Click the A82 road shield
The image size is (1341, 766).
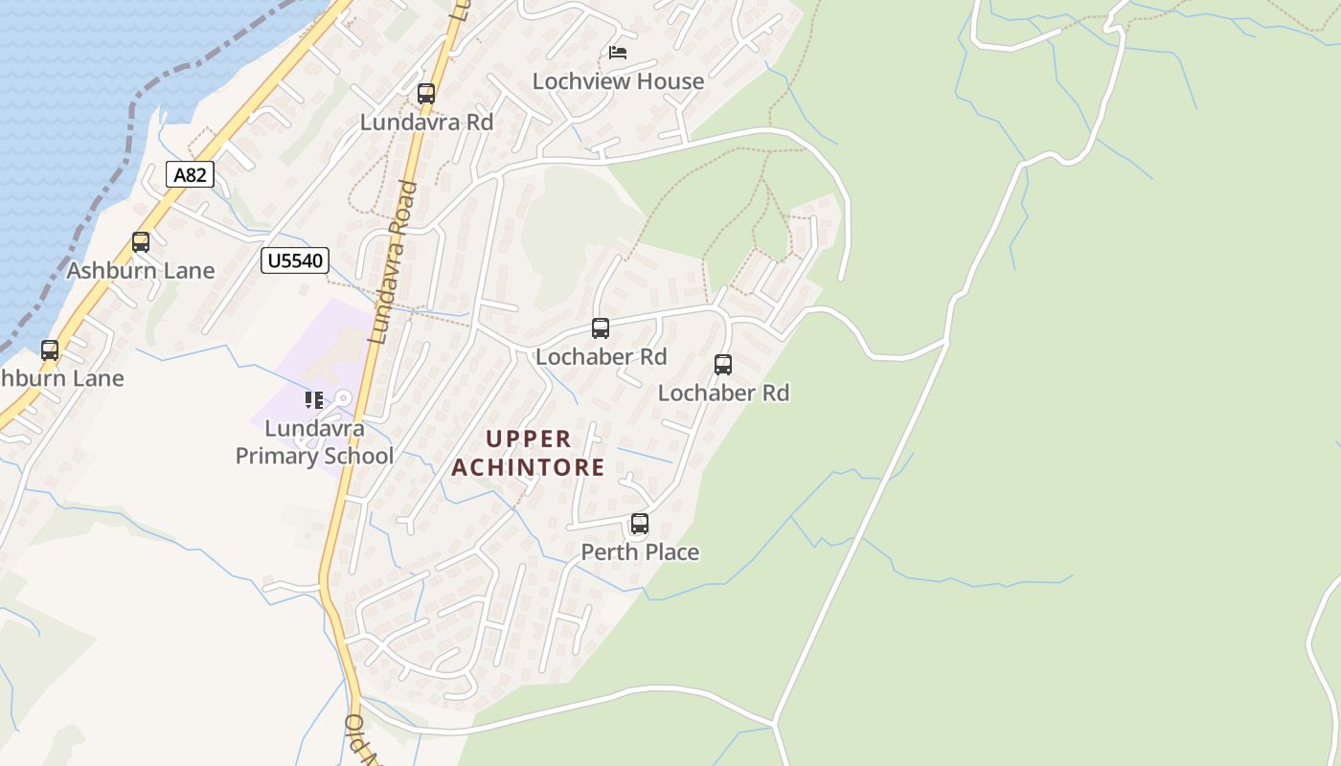[x=190, y=174]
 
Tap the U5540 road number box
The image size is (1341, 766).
[x=295, y=260]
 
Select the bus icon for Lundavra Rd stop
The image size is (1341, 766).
[x=426, y=94]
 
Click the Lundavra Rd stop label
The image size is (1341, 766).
[x=426, y=123]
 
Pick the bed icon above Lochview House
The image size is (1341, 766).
[x=618, y=52]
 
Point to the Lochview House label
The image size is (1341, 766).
[x=618, y=81]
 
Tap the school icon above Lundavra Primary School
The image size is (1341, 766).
[x=313, y=400]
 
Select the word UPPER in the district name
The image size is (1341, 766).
[x=528, y=439]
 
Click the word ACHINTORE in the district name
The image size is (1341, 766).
[x=528, y=467]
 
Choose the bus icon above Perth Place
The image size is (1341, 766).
[x=640, y=524]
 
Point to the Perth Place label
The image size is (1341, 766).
[x=640, y=552]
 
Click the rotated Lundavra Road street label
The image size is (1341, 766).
[x=393, y=263]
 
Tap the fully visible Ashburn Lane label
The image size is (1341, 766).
[x=141, y=271]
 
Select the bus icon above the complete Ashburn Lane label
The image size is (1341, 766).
[x=141, y=242]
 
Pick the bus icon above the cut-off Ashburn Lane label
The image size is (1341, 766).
[x=50, y=350]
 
